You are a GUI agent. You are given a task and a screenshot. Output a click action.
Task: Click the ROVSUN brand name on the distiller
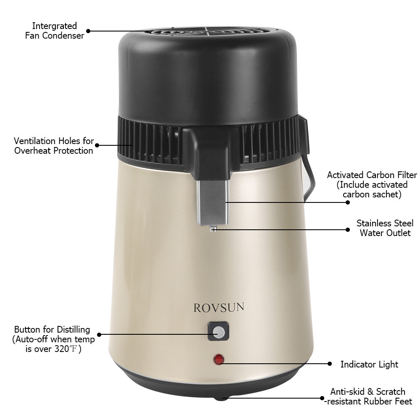(219, 307)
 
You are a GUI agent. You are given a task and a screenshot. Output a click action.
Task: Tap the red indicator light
(219, 360)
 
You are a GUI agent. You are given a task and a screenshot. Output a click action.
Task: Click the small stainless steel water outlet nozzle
(213, 229)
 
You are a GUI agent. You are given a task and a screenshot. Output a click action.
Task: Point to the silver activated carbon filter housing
(213, 203)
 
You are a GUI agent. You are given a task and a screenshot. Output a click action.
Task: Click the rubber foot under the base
(221, 399)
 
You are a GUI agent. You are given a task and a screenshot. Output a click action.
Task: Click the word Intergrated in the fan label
(54, 26)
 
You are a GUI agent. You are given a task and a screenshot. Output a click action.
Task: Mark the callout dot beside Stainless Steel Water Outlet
(348, 230)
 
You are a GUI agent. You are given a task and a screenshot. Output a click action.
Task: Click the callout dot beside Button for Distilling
(99, 335)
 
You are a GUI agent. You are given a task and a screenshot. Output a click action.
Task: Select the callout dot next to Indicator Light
(330, 363)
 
